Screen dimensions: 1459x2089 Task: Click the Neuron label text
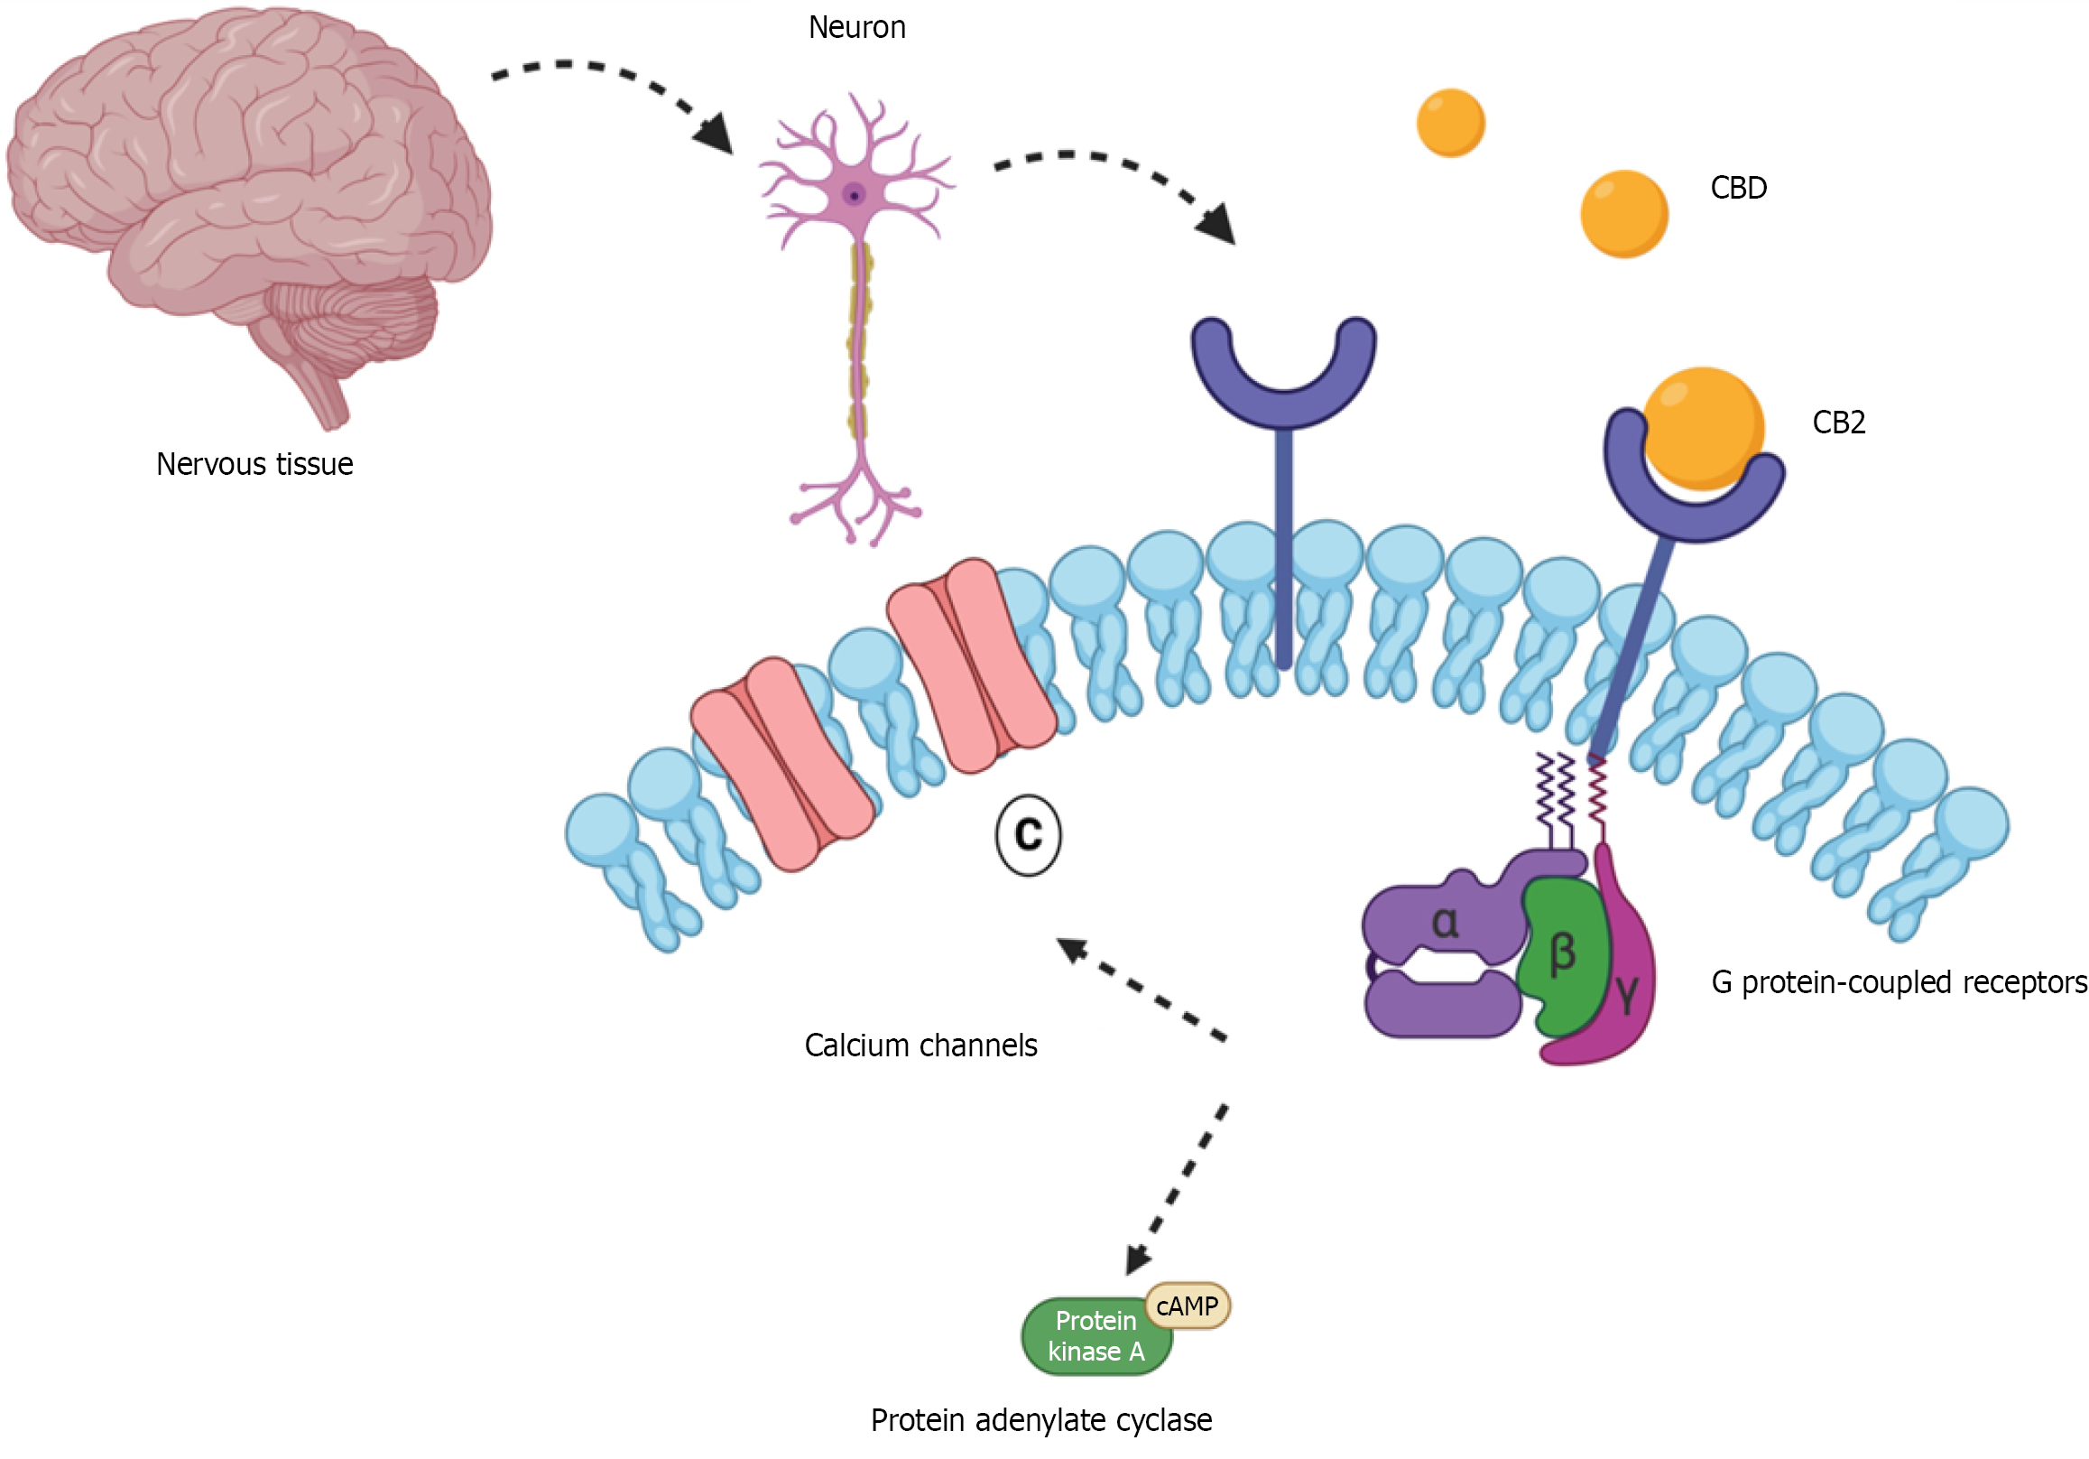[856, 28]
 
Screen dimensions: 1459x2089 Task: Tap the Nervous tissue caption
[254, 464]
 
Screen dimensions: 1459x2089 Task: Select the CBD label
[1738, 189]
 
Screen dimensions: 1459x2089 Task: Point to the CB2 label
[1838, 423]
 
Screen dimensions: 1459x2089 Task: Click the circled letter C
[1028, 834]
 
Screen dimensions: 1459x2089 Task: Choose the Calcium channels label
[920, 1045]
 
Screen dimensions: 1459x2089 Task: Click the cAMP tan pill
[1188, 1306]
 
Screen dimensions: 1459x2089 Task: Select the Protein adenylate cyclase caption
[1040, 1421]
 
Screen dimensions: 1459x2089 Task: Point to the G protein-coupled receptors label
[1898, 983]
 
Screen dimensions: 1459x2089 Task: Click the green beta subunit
[1561, 956]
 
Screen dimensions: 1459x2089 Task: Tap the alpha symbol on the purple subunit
[1445, 923]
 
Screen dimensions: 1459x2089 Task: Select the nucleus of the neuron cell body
[854, 195]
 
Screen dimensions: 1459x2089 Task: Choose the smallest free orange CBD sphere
[1450, 123]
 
